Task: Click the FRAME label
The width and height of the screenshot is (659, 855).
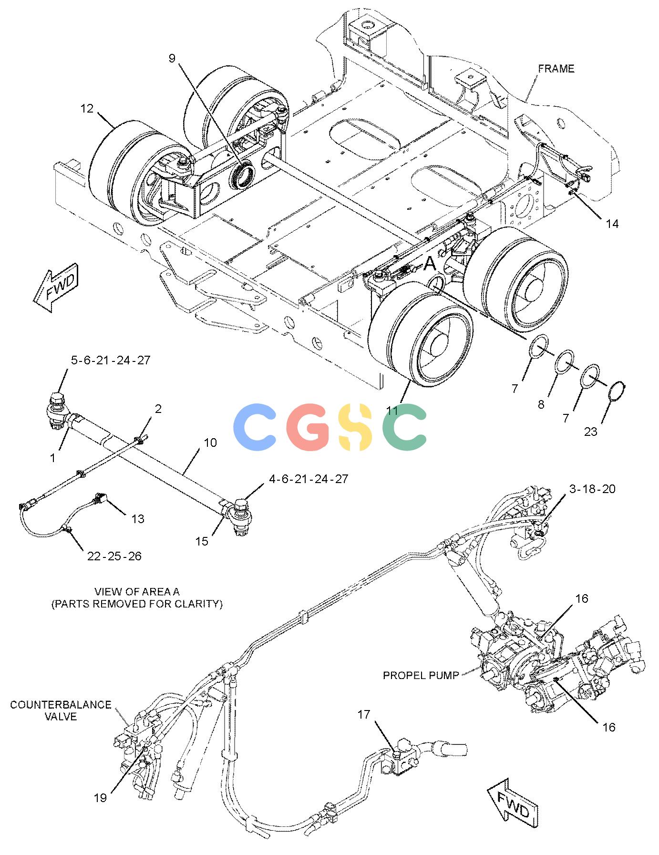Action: click(556, 69)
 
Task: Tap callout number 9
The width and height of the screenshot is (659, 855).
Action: click(172, 58)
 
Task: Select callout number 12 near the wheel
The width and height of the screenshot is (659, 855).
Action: click(87, 109)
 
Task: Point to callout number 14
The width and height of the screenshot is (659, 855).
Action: click(612, 223)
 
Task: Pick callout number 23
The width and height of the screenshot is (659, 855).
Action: click(590, 432)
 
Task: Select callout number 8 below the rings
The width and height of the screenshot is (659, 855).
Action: click(541, 404)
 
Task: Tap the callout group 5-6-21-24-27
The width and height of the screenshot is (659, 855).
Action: click(111, 360)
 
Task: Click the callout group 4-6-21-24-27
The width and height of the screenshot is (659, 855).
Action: click(309, 478)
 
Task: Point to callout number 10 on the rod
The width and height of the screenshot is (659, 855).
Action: click(210, 443)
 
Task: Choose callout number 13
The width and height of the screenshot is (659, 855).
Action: click(137, 518)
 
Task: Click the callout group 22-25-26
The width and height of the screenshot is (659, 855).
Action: click(114, 556)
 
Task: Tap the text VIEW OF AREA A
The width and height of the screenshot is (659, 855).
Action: click(137, 591)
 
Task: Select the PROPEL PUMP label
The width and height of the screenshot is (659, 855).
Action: click(421, 675)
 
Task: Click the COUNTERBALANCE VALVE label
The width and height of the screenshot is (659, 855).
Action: click(61, 711)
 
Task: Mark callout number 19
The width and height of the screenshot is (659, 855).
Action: click(100, 797)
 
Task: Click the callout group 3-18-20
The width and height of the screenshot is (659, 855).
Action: click(592, 489)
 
